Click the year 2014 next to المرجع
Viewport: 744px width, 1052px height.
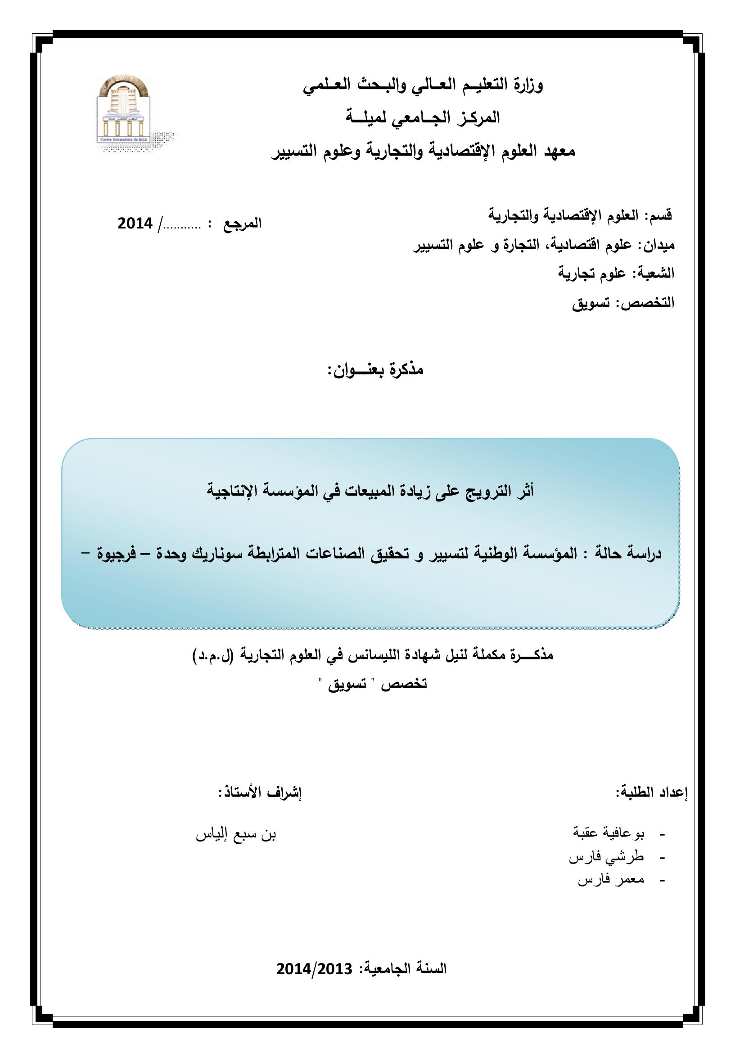(135, 224)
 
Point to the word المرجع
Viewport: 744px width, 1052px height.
(243, 224)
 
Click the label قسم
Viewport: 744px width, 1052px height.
(661, 215)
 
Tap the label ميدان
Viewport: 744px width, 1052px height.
(660, 245)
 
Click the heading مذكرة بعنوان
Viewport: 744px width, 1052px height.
(375, 370)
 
